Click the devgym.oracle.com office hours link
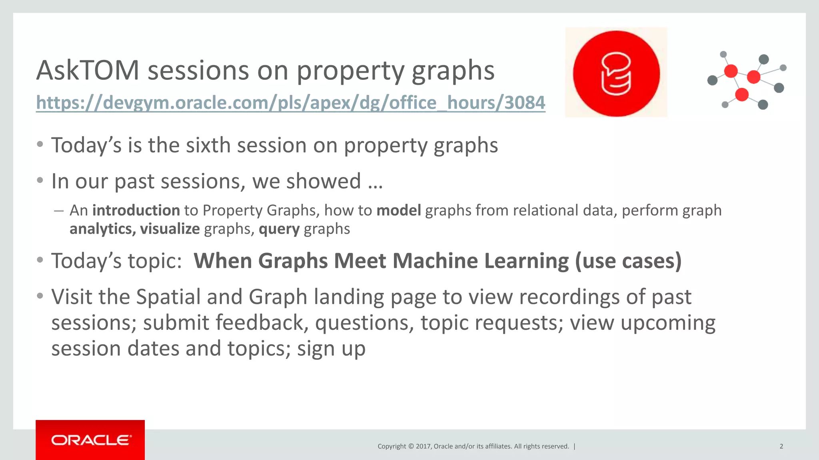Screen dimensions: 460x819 (x=290, y=103)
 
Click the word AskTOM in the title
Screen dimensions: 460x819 (x=88, y=70)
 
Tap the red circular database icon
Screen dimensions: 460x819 (x=616, y=73)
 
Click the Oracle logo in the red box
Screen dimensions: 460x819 (x=91, y=440)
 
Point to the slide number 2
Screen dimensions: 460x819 (x=781, y=446)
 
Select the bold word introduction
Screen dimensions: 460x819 (x=136, y=210)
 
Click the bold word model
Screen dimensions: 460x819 (x=398, y=210)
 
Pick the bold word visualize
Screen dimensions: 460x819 (x=170, y=229)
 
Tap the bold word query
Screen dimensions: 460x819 (x=279, y=229)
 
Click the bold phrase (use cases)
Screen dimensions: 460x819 (x=628, y=261)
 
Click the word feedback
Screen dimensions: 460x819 (x=262, y=323)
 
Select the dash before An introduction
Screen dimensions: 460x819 (x=59, y=210)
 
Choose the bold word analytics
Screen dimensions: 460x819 (x=102, y=229)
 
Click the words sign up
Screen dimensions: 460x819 (x=331, y=349)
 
